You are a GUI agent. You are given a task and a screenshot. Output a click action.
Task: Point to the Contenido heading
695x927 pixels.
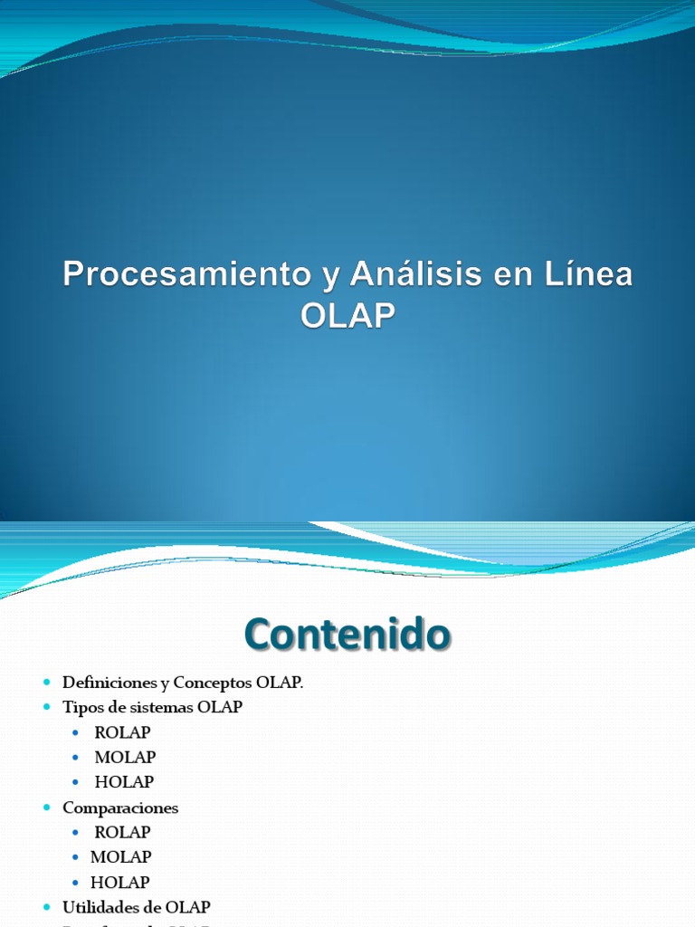[347, 635]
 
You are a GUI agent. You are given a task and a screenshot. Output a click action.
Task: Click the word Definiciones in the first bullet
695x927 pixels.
[107, 683]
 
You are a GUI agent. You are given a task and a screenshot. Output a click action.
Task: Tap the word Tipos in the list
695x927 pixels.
[80, 707]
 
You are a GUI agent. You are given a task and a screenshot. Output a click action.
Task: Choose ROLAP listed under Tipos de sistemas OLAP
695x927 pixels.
[122, 732]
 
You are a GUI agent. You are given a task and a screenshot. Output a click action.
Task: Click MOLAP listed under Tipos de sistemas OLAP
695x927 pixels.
[125, 757]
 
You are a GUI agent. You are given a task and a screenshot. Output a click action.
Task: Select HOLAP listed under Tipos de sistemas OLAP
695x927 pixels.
[124, 781]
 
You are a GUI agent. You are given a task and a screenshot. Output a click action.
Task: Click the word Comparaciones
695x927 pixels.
[120, 808]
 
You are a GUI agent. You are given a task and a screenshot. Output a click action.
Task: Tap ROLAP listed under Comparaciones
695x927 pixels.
[122, 832]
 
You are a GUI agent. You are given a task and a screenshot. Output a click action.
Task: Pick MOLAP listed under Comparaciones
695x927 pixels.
[120, 856]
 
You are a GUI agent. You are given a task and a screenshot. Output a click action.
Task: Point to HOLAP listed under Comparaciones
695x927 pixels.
[119, 882]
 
